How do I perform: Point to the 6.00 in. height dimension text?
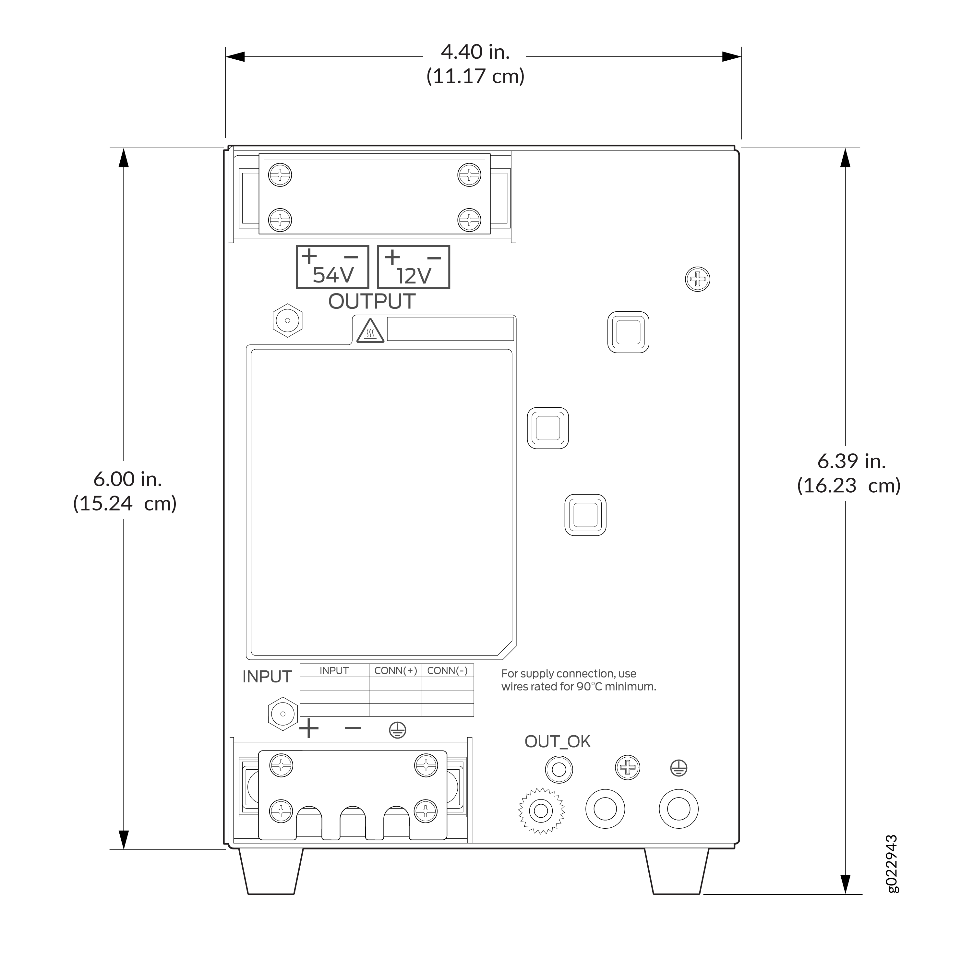[x=127, y=479]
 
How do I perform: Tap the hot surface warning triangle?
[x=370, y=331]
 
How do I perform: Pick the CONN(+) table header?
[x=396, y=670]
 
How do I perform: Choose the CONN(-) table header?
[x=448, y=670]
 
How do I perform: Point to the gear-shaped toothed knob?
[x=541, y=811]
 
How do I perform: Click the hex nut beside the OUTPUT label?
[x=288, y=320]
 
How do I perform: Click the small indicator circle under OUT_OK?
[x=559, y=770]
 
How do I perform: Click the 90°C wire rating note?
[x=579, y=680]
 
